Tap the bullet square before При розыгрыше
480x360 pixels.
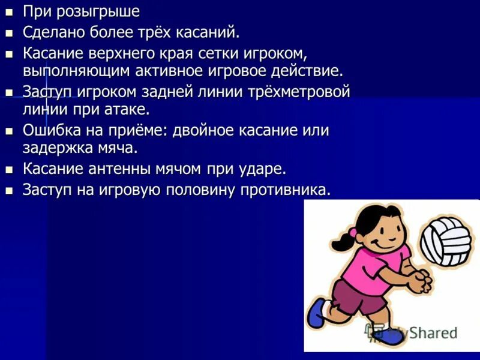[x=8, y=11]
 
